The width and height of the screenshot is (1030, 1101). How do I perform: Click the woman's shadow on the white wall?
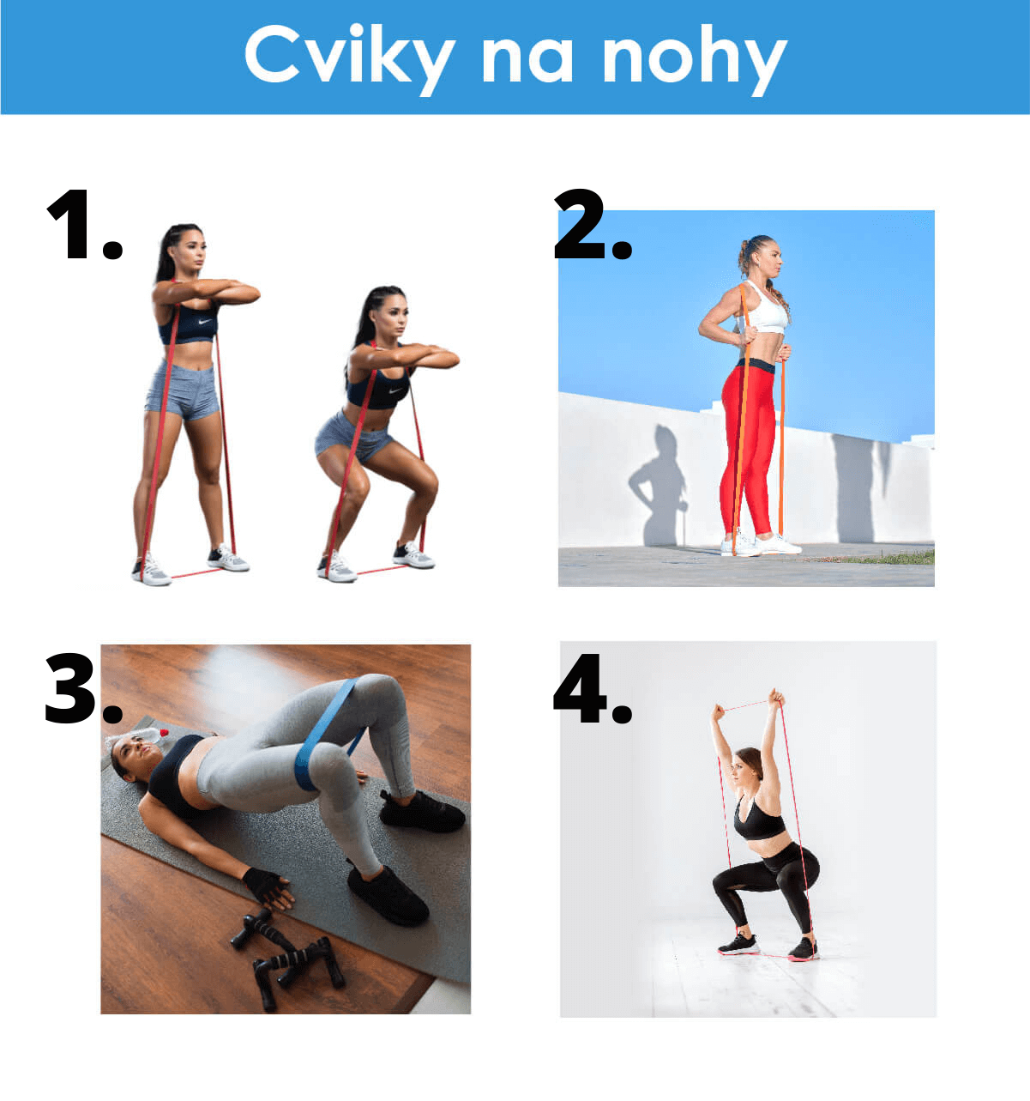659,485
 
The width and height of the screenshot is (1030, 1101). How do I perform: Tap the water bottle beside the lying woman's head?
142,736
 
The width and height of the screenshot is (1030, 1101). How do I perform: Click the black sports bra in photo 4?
758,820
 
